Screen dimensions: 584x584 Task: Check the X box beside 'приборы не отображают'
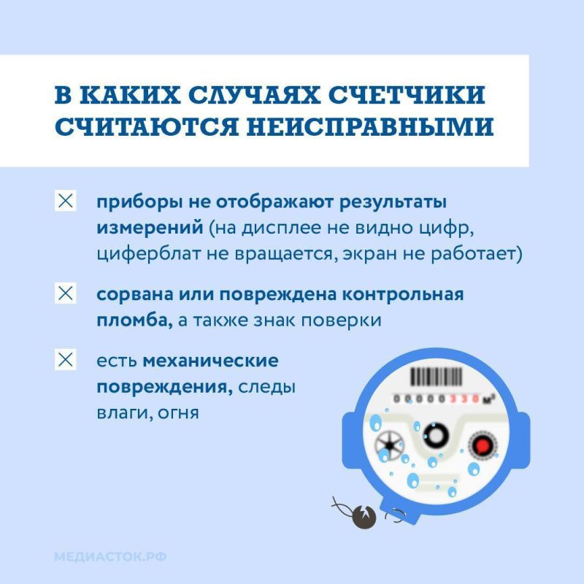pyautogui.click(x=66, y=201)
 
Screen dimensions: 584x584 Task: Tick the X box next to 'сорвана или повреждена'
pyautogui.click(x=66, y=295)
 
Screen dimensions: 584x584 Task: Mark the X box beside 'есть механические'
pyautogui.click(x=66, y=360)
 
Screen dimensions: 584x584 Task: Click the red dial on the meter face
pyautogui.click(x=481, y=444)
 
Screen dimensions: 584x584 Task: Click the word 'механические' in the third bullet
pyautogui.click(x=211, y=361)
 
